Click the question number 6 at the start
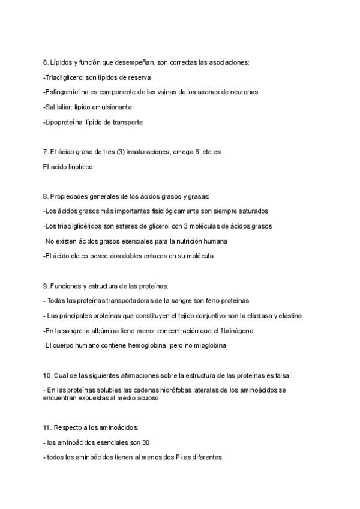[46, 62]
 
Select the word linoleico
[77, 167]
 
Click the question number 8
[46, 196]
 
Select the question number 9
[46, 286]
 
